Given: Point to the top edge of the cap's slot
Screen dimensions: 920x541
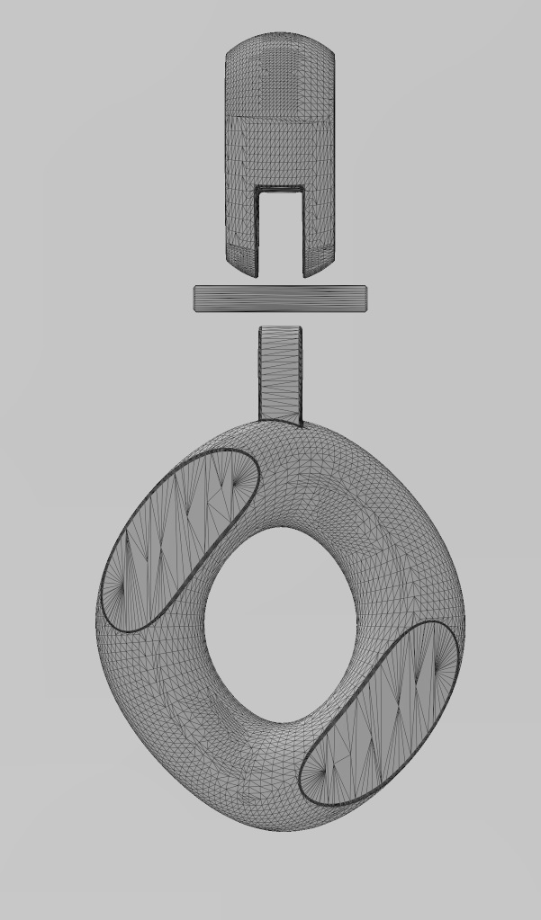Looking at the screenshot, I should pyautogui.click(x=280, y=188).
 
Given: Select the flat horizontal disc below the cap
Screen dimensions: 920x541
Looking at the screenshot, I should pyautogui.click(x=281, y=299).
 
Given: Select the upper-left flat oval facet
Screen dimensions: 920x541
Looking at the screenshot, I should pyautogui.click(x=180, y=540).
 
